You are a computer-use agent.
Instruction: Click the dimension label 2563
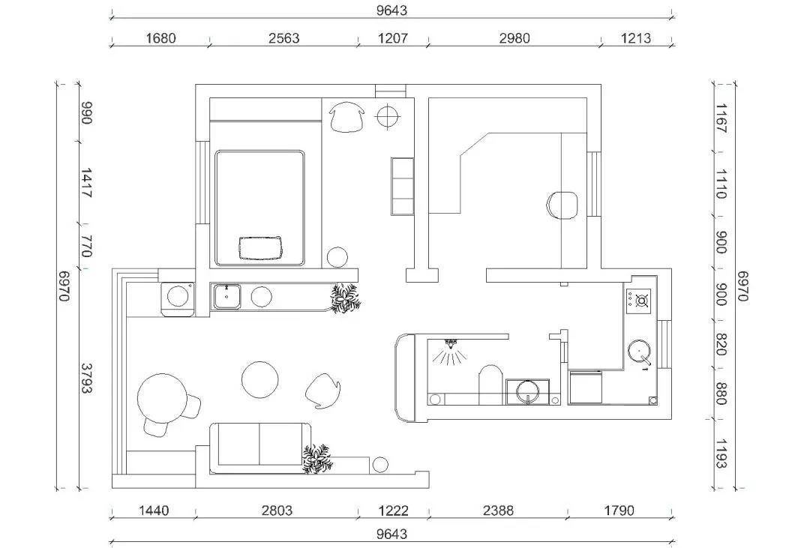(x=283, y=38)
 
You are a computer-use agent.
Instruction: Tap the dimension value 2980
(x=514, y=38)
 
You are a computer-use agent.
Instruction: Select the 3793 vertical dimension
(x=86, y=378)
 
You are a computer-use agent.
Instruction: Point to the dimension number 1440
(x=154, y=511)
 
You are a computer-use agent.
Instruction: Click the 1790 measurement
(x=619, y=511)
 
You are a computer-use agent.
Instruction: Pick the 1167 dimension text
(x=721, y=118)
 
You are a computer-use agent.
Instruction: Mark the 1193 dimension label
(x=721, y=454)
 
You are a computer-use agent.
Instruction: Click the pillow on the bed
(x=262, y=247)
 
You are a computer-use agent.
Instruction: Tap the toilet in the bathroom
(x=490, y=385)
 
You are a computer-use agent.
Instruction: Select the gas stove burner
(x=641, y=300)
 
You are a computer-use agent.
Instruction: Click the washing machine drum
(x=178, y=296)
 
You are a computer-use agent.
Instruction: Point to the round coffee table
(x=259, y=379)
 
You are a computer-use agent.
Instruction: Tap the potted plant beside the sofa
(x=316, y=459)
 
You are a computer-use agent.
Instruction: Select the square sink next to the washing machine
(x=227, y=296)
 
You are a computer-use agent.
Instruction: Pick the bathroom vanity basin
(x=527, y=391)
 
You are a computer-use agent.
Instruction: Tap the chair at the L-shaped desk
(x=562, y=205)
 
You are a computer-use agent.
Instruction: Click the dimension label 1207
(x=393, y=38)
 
